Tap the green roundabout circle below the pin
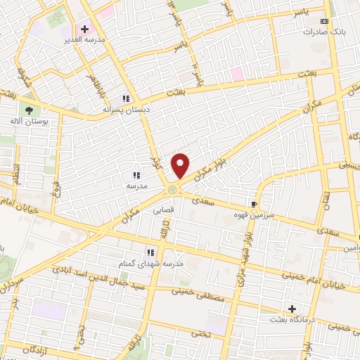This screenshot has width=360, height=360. [172, 188]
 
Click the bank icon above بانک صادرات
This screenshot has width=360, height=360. [324, 22]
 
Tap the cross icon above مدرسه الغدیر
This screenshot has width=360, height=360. [85, 29]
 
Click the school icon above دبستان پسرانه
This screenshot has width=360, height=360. [126, 99]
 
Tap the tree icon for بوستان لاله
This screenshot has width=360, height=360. [29, 110]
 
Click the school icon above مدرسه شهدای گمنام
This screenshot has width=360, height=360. [150, 252]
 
